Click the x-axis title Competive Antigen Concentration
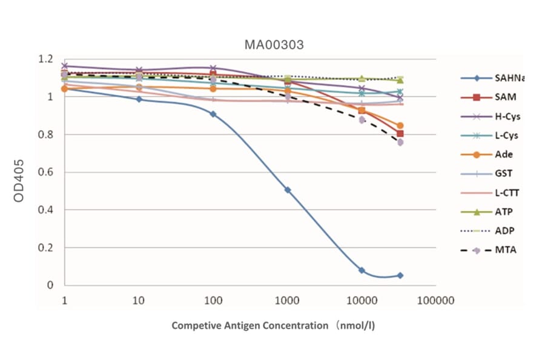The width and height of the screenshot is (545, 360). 273,325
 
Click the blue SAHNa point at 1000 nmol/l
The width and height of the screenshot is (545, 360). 288,190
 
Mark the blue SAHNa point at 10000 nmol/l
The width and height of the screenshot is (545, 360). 362,270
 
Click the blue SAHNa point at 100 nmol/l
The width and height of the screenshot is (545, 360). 213,114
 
